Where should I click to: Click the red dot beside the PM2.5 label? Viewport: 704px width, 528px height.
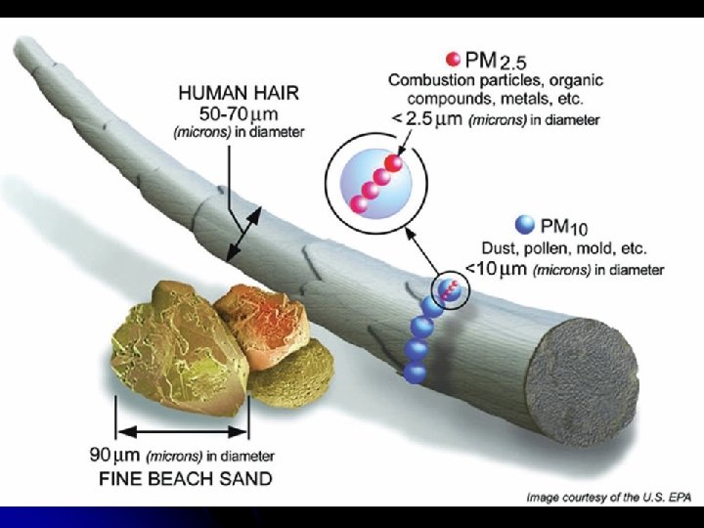click(x=453, y=58)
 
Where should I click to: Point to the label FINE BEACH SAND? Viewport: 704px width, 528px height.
click(x=187, y=479)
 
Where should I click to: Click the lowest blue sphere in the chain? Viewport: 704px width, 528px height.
click(x=414, y=372)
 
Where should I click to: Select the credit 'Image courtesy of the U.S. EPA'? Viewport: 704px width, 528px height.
click(x=608, y=498)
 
